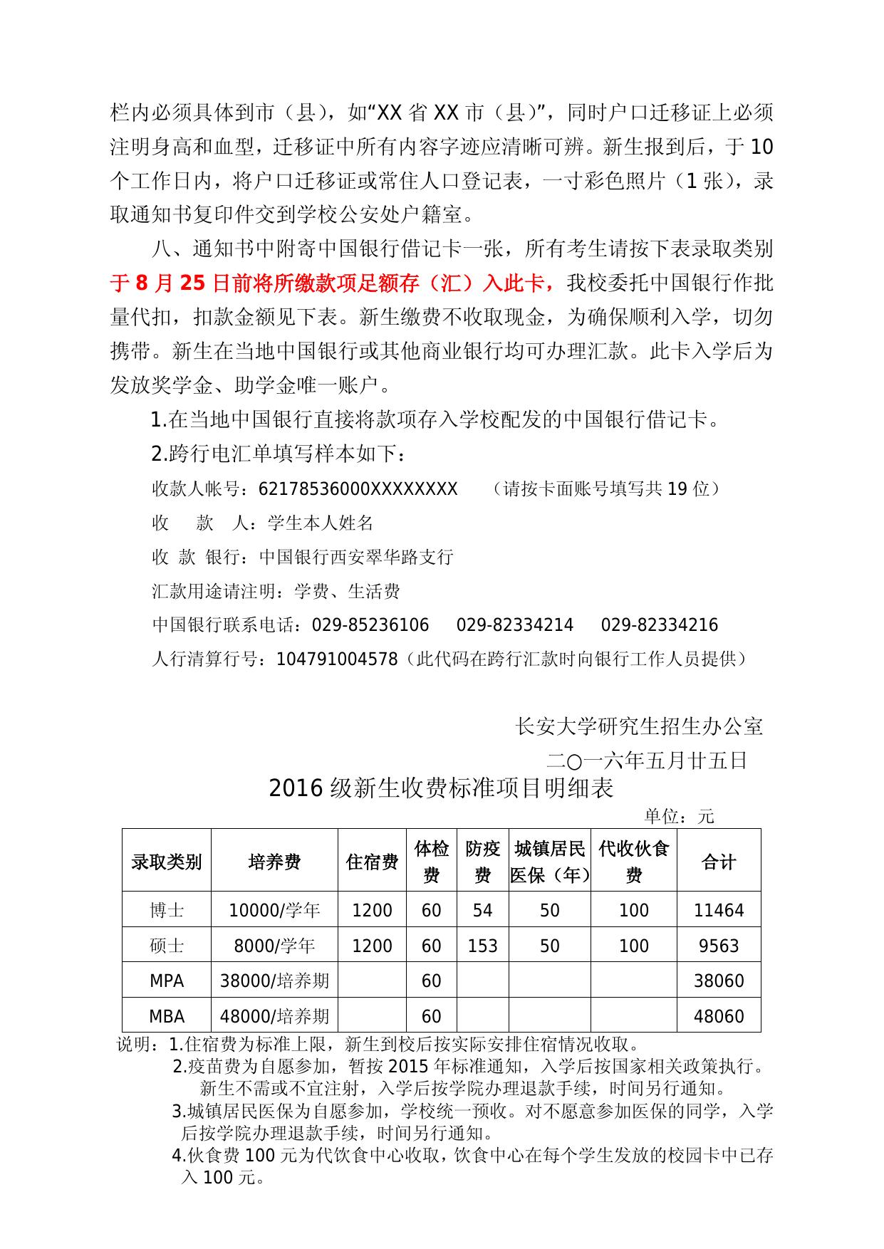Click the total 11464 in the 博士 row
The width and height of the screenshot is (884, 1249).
tap(718, 910)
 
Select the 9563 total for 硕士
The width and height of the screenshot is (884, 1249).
tap(718, 946)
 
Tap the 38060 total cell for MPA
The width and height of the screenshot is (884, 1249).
tap(718, 981)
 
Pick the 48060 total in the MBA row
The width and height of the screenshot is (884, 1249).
tap(718, 1016)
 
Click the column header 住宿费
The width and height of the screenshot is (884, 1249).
tap(372, 862)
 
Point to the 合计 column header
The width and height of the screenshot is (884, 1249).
tap(718, 862)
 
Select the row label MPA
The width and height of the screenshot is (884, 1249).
tap(167, 981)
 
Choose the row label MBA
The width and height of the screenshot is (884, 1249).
tap(167, 1016)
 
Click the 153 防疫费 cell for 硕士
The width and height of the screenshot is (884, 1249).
tap(482, 946)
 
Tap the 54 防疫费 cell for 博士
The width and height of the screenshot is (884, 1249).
tap(482, 910)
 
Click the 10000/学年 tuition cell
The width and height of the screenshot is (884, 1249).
tap(274, 910)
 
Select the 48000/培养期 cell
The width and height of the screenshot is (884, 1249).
tap(274, 1016)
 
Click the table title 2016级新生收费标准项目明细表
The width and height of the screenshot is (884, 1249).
tap(441, 788)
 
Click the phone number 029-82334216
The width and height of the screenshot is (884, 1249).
tap(659, 625)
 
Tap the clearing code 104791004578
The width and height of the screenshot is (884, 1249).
tap(337, 659)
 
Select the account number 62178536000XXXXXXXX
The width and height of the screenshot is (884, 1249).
tap(358, 488)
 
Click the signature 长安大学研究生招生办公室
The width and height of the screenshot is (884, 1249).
tap(639, 726)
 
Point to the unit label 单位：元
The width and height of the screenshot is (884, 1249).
tap(679, 816)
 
